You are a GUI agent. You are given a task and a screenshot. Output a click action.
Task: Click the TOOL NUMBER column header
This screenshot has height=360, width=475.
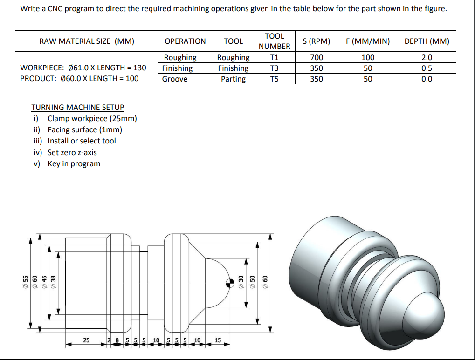(x=274, y=41)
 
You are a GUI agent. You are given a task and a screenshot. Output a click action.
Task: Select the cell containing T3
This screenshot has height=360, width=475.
(x=274, y=68)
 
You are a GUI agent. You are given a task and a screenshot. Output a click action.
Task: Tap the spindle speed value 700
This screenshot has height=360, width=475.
(x=317, y=57)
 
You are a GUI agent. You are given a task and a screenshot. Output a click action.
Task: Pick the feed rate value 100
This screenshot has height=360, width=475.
(x=368, y=57)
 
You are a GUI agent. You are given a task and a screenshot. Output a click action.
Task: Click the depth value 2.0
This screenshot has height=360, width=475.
(x=427, y=57)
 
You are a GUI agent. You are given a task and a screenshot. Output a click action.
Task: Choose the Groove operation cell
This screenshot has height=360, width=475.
(x=175, y=79)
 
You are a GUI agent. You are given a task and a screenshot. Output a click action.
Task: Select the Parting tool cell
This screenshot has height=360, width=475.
(x=233, y=79)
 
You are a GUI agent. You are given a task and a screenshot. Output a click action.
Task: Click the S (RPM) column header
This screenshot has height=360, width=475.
(x=317, y=41)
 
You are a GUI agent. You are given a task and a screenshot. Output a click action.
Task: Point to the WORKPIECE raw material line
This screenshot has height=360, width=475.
(x=83, y=68)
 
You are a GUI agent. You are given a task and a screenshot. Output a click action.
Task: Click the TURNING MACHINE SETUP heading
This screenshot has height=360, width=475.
(x=77, y=107)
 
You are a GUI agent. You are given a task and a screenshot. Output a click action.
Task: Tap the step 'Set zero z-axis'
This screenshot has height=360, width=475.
(x=72, y=152)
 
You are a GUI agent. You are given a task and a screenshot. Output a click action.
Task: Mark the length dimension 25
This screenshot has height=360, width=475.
(x=86, y=340)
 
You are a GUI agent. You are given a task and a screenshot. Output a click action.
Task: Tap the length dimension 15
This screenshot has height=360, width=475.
(x=218, y=340)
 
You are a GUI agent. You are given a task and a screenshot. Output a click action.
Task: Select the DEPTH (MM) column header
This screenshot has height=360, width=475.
(x=427, y=41)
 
